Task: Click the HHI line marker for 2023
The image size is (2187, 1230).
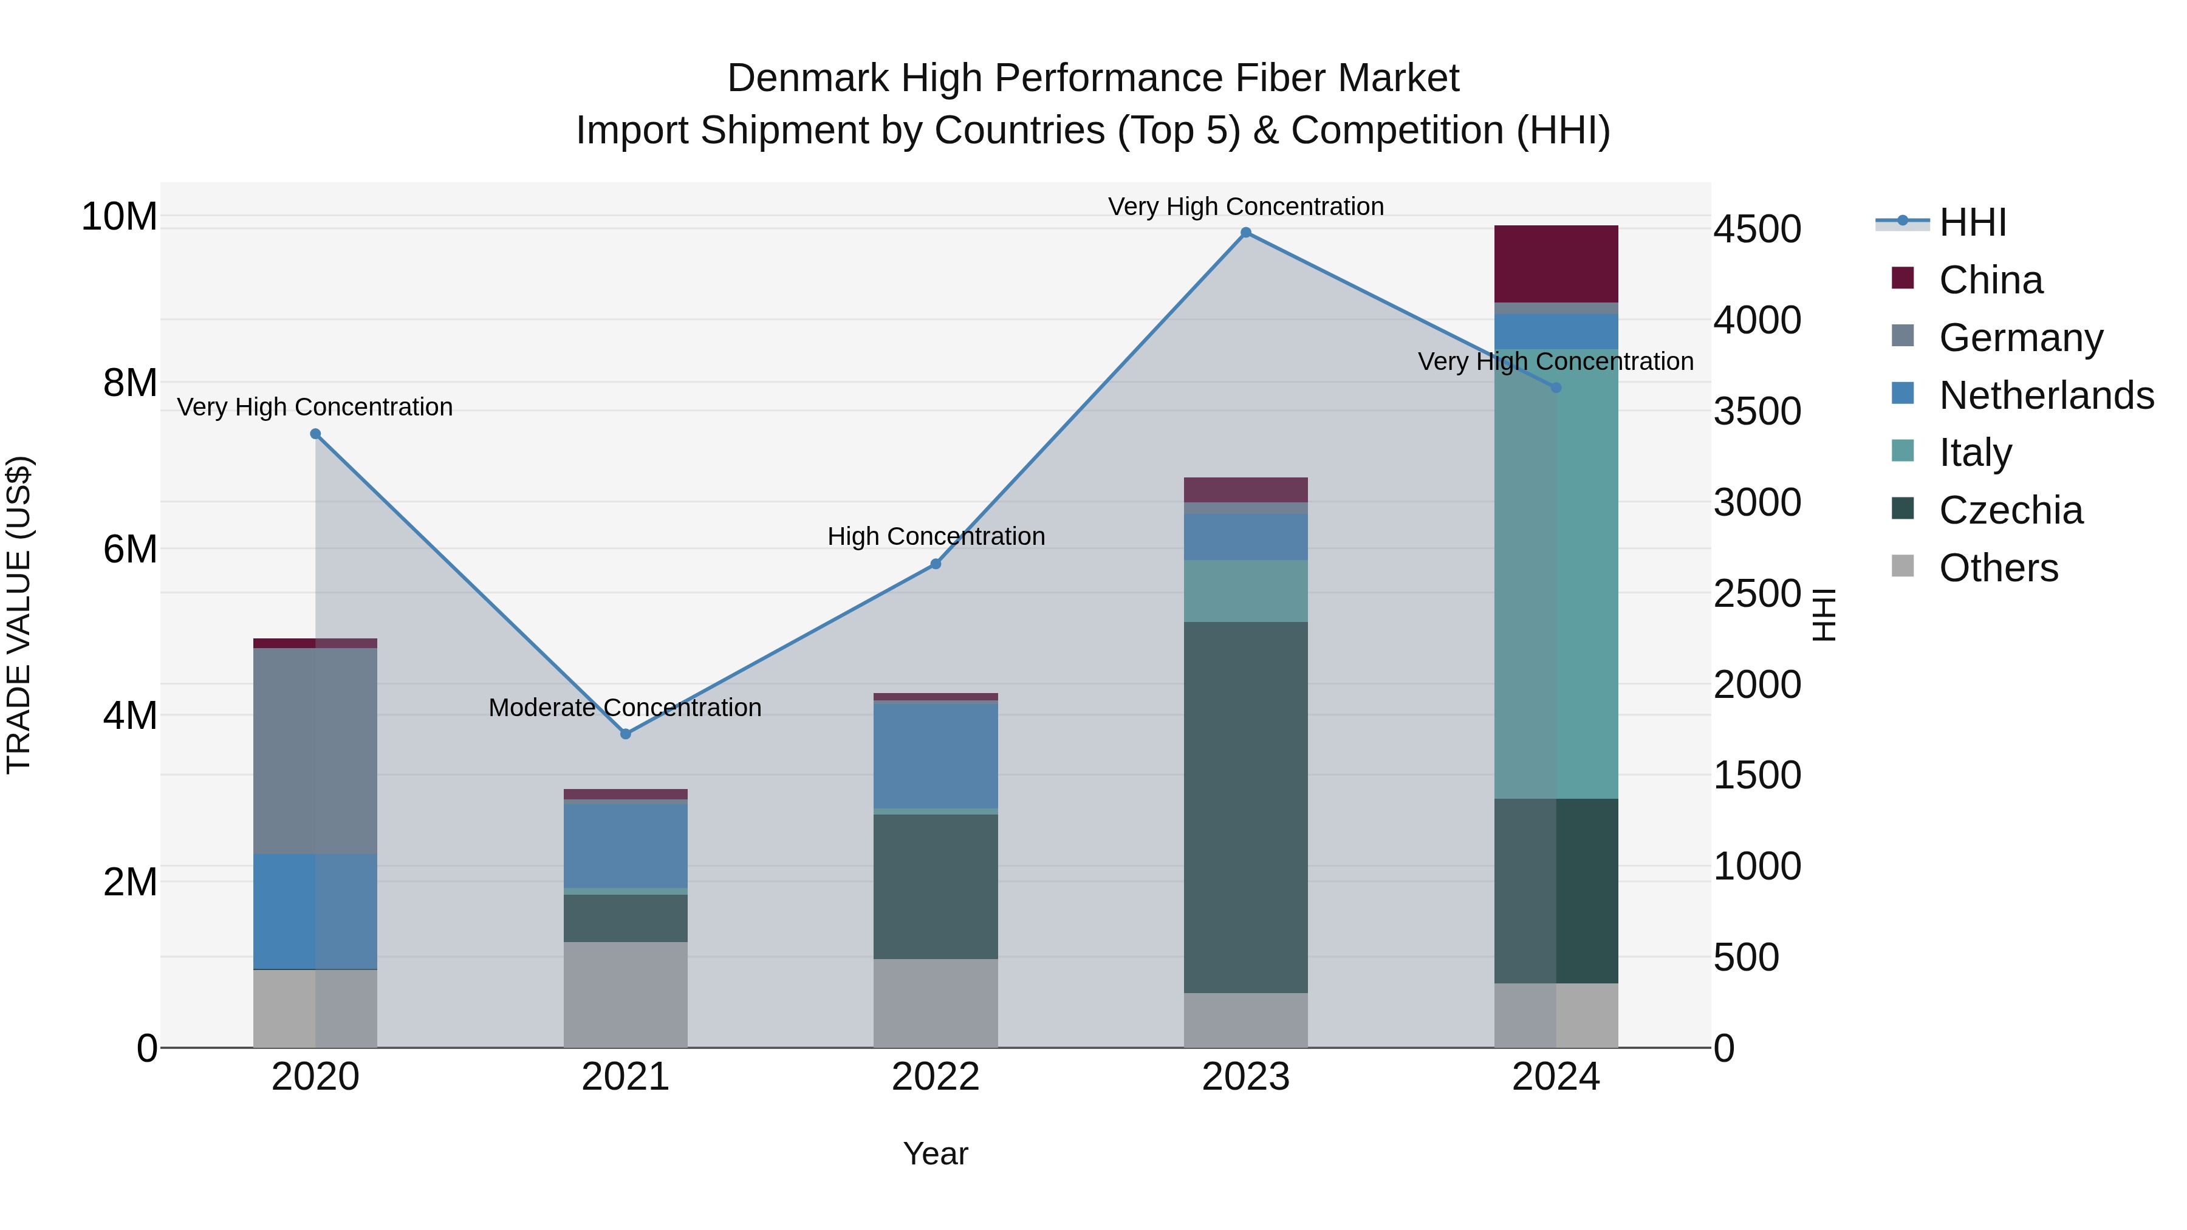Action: click(x=1245, y=233)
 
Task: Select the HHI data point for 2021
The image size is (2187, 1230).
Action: click(x=626, y=733)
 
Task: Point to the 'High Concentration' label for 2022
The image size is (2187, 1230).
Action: click(x=936, y=536)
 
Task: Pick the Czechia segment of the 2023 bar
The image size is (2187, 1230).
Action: click(x=1245, y=807)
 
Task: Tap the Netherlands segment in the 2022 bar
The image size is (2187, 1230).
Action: click(x=936, y=756)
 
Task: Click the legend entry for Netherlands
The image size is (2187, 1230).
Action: click(x=2046, y=395)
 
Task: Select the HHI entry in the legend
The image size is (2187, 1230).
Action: click(x=1972, y=222)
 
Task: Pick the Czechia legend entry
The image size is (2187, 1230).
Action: click(x=2010, y=510)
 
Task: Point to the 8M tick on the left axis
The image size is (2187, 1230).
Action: click(x=130, y=383)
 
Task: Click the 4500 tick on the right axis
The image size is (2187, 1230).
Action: click(x=1756, y=229)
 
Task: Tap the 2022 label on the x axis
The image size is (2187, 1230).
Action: click(x=936, y=1077)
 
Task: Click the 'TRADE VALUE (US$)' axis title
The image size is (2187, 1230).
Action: click(x=19, y=615)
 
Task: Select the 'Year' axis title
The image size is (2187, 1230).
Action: click(x=936, y=1153)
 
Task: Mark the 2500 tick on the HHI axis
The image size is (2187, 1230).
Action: click(x=1756, y=593)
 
